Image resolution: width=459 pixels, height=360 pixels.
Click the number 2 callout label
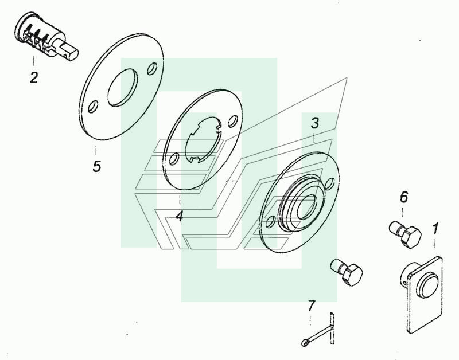(x=34, y=77)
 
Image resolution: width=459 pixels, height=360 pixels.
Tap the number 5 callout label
(x=96, y=166)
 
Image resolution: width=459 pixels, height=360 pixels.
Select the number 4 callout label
(x=180, y=217)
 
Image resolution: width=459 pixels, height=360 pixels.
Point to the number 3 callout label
(x=314, y=123)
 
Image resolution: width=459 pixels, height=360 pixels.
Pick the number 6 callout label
(x=404, y=197)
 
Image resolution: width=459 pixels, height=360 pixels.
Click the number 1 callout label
(x=435, y=228)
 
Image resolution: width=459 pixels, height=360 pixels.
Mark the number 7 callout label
(x=311, y=306)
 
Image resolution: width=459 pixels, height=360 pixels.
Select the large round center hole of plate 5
(x=122, y=88)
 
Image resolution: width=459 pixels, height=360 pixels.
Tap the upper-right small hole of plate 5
(x=152, y=68)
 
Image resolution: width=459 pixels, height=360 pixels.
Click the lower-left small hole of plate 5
(x=93, y=107)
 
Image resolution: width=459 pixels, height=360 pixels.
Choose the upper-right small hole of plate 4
(x=234, y=121)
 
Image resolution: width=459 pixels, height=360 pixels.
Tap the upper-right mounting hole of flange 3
(x=330, y=183)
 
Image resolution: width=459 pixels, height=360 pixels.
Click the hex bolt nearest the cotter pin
(x=347, y=272)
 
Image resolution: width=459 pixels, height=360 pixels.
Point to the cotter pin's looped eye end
(x=305, y=342)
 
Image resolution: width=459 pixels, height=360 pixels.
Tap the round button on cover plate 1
(x=428, y=284)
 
